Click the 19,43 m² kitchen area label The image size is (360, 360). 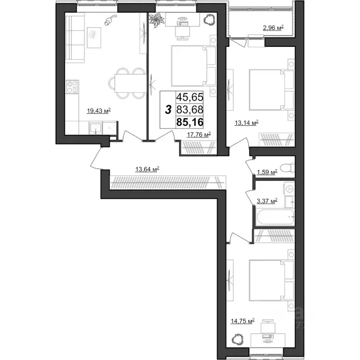pyautogui.click(x=98, y=111)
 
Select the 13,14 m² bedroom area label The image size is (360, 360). pyautogui.click(x=247, y=123)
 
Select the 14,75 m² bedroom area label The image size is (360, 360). pyautogui.click(x=242, y=321)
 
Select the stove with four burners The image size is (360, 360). pyautogui.click(x=72, y=87)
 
